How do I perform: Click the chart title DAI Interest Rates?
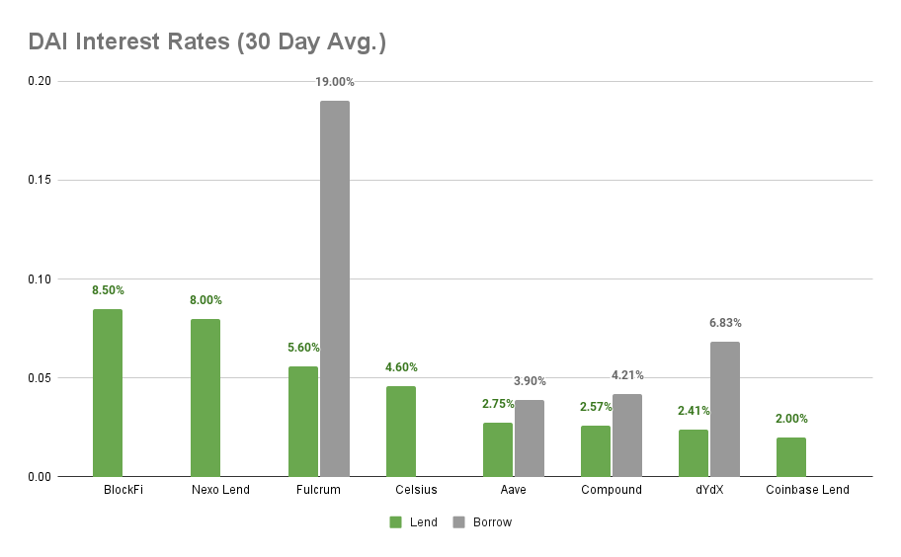[x=206, y=42]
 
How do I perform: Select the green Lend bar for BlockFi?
[x=108, y=393]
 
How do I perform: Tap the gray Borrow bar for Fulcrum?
[x=334, y=288]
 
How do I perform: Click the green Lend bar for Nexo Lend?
[x=205, y=398]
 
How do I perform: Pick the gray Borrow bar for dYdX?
[x=724, y=409]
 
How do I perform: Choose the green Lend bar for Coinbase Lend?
[x=790, y=457]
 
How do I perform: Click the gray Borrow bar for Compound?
[x=626, y=436]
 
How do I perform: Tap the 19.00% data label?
[x=335, y=82]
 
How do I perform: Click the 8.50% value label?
[x=108, y=290]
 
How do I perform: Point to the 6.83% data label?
[x=725, y=323]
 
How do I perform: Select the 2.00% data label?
[x=791, y=419]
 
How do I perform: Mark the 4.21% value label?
[x=627, y=375]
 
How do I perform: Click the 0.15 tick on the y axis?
[x=39, y=180]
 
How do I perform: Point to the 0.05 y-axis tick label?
[x=39, y=378]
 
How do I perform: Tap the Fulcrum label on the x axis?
[x=318, y=490]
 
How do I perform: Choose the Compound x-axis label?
[x=611, y=490]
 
